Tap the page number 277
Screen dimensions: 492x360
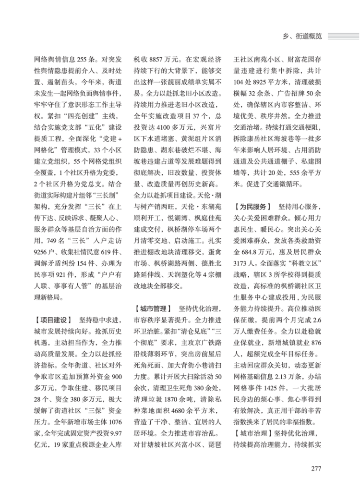click(315, 468)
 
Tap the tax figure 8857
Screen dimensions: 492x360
click(156, 61)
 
